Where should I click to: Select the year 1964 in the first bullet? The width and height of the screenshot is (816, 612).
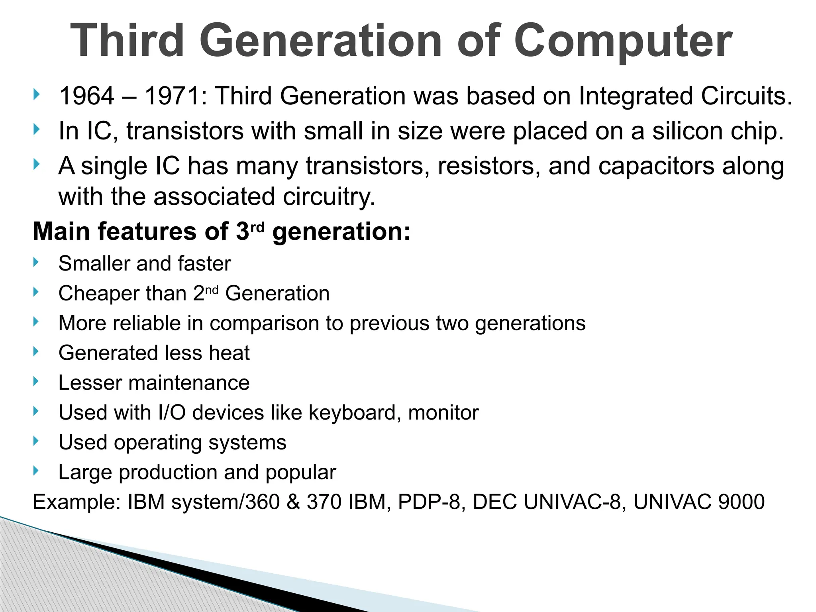(x=86, y=96)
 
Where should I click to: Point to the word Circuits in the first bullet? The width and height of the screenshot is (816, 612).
(x=746, y=96)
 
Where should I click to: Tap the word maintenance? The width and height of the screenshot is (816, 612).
(x=188, y=383)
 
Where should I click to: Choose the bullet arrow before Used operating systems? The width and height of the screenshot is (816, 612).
(x=36, y=441)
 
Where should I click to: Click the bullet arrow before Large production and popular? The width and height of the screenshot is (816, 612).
(x=36, y=471)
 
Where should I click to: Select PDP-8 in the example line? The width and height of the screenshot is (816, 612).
(x=431, y=502)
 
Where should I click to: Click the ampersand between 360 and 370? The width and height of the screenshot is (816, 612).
(x=293, y=502)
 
